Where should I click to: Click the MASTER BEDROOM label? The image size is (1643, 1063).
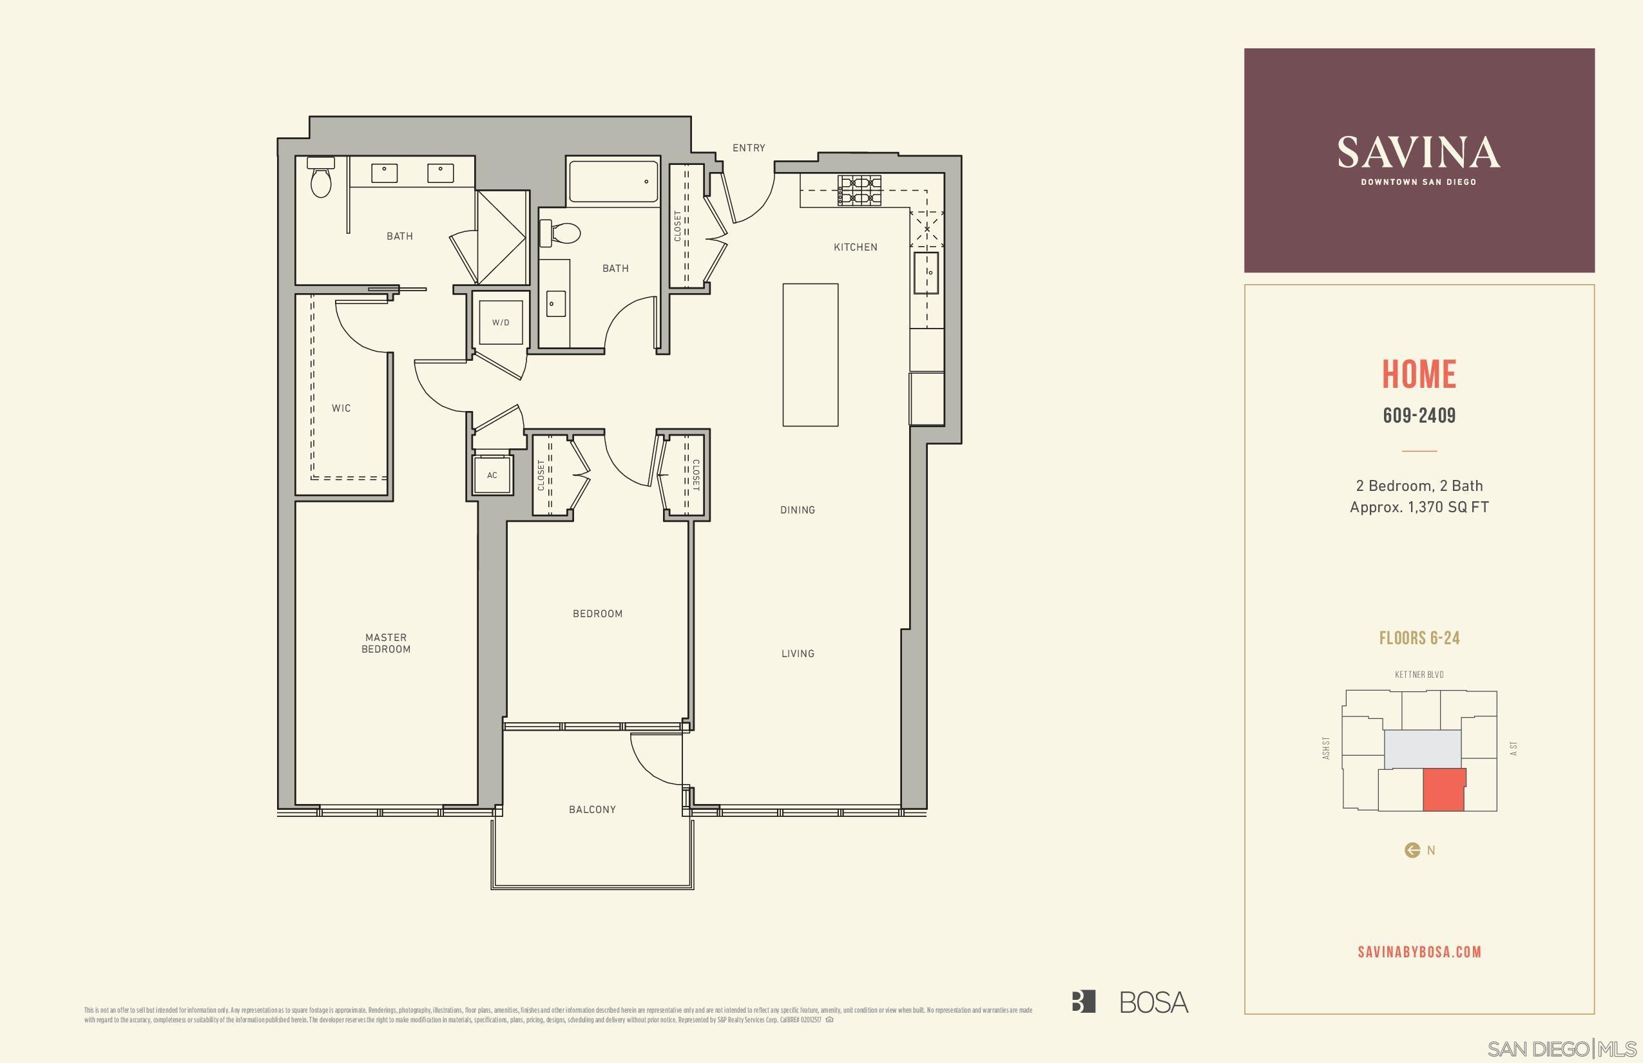(x=386, y=643)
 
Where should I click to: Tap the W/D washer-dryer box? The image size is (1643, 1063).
(x=501, y=322)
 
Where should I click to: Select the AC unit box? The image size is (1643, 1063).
(x=492, y=475)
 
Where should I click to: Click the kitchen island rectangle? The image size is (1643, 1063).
(x=810, y=354)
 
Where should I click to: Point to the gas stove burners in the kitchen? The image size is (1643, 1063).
(x=860, y=191)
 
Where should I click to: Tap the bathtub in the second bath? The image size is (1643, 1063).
(x=613, y=182)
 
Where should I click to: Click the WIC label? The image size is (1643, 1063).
(x=341, y=408)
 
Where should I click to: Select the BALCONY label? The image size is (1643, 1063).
(x=591, y=809)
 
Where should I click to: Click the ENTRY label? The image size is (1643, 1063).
(x=748, y=148)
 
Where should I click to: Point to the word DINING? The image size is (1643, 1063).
(x=798, y=510)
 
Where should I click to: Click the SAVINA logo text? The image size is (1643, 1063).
(x=1418, y=153)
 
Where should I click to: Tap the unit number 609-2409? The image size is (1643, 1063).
(x=1419, y=415)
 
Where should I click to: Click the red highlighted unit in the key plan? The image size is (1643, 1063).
(x=1443, y=790)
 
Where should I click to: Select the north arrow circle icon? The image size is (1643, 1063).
(x=1412, y=850)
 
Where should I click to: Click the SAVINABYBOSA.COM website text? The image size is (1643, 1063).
(x=1419, y=951)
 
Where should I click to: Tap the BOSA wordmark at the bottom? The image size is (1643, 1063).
(x=1153, y=1002)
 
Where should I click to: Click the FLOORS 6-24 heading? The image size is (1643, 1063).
(x=1419, y=638)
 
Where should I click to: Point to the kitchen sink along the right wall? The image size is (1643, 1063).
(x=926, y=273)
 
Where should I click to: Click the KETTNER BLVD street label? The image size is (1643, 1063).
(x=1419, y=675)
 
